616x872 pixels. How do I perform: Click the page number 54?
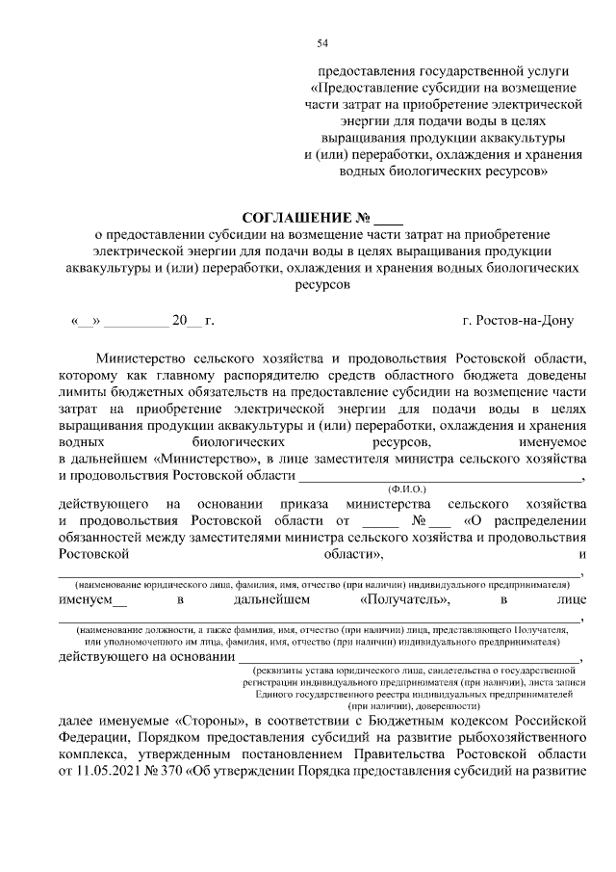322,43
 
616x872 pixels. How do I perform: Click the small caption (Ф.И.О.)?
406,489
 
